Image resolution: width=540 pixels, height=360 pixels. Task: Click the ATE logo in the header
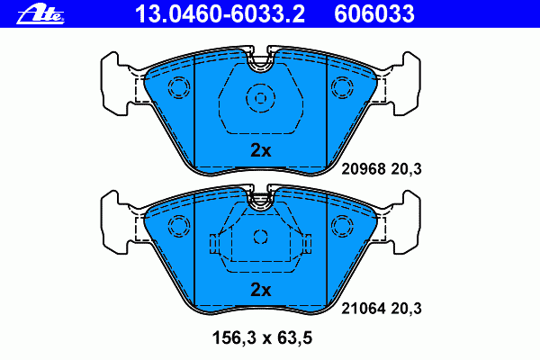pos(40,14)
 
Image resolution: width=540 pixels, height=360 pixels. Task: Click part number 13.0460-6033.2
pos(220,14)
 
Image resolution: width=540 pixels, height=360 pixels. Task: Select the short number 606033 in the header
pos(374,14)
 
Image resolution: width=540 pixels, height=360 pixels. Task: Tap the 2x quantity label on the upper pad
pos(261,150)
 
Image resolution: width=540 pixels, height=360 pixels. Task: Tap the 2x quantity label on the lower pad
pos(261,290)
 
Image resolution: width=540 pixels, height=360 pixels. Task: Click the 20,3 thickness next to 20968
pos(407,169)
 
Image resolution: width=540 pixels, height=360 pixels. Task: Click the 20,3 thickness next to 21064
pos(407,309)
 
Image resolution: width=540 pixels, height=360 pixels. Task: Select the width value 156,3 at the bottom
pos(232,337)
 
